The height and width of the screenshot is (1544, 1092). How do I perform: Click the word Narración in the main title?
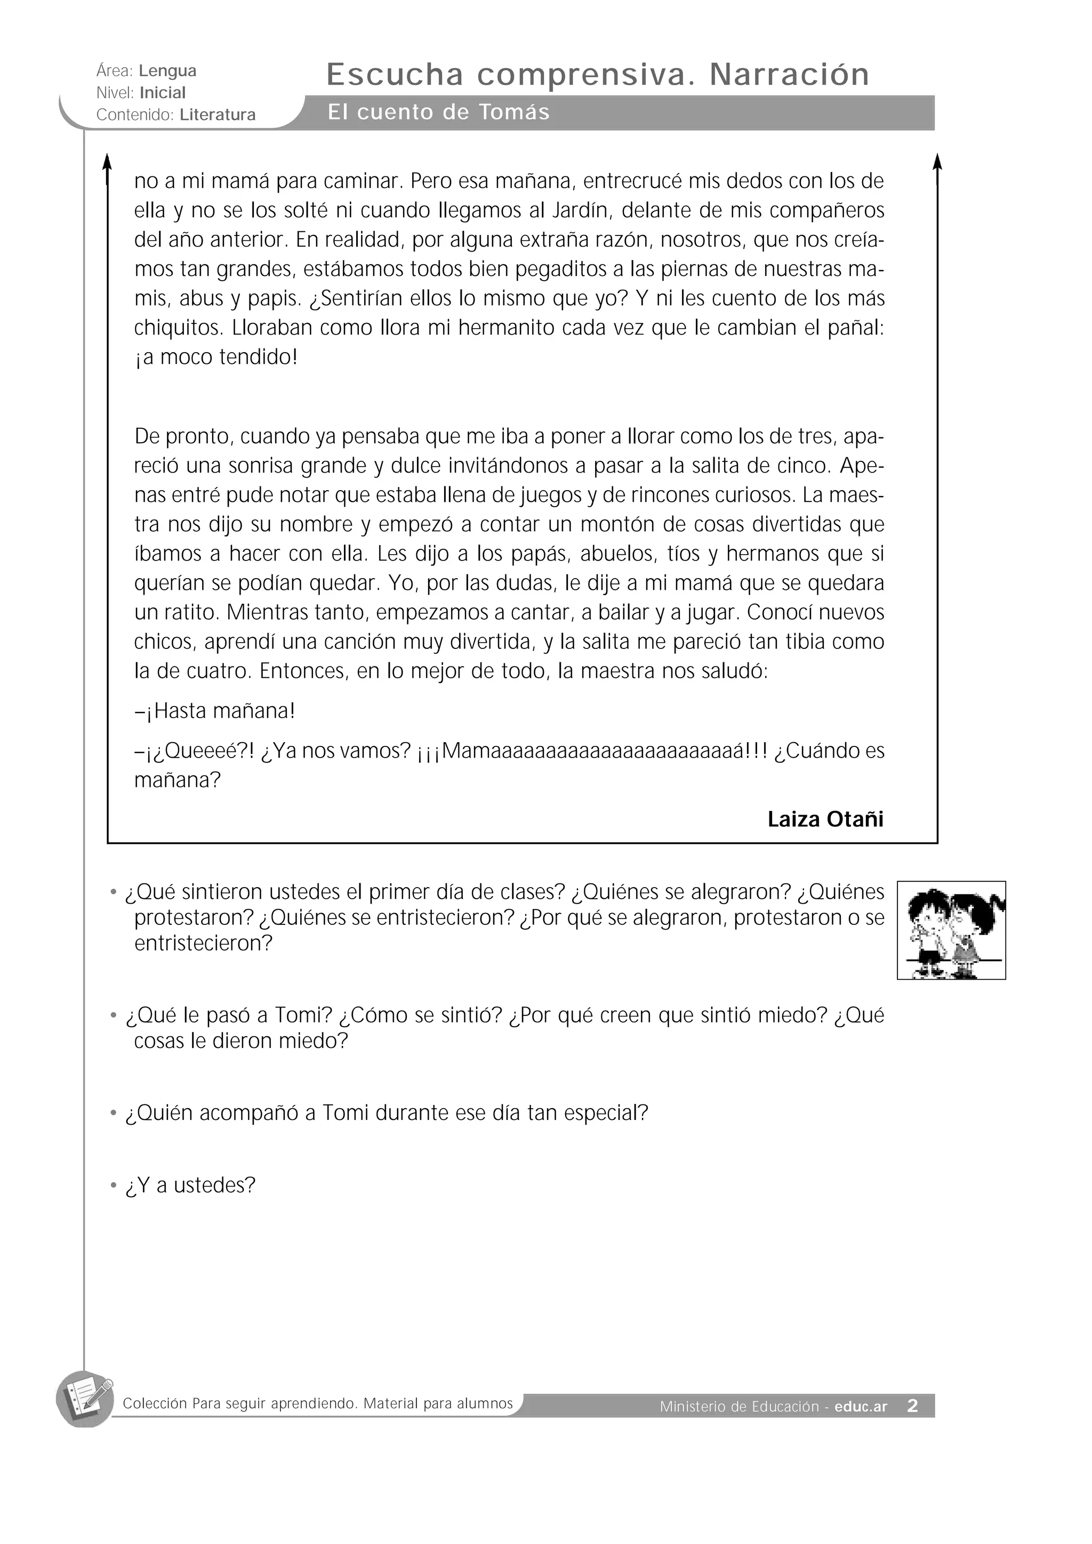pyautogui.click(x=789, y=75)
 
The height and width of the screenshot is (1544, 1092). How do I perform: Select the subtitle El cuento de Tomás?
pyautogui.click(x=439, y=112)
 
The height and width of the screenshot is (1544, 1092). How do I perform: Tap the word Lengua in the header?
pyautogui.click(x=167, y=71)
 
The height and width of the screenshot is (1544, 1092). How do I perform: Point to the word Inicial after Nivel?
pyautogui.click(x=162, y=93)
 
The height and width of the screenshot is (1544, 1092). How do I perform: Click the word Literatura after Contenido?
pyautogui.click(x=218, y=115)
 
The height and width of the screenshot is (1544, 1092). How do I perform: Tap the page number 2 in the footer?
pyautogui.click(x=912, y=1405)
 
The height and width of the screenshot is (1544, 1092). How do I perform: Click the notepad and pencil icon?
pyautogui.click(x=85, y=1399)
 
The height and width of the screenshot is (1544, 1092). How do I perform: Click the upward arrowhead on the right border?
pyautogui.click(x=937, y=161)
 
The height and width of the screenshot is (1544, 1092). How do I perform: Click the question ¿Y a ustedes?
pyautogui.click(x=190, y=1185)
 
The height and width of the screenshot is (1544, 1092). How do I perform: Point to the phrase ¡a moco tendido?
pyautogui.click(x=215, y=357)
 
